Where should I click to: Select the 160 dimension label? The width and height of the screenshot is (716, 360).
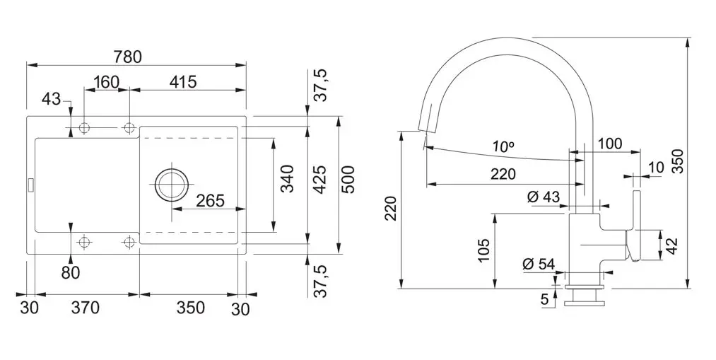pyautogui.click(x=106, y=82)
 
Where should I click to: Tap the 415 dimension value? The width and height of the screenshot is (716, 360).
pyautogui.click(x=182, y=82)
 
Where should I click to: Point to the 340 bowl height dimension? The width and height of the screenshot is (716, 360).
pyautogui.click(x=286, y=180)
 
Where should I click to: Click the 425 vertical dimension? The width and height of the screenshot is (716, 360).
pyautogui.click(x=319, y=180)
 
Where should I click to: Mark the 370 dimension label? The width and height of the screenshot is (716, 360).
pyautogui.click(x=85, y=308)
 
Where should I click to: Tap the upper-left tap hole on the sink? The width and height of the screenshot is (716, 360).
pyautogui.click(x=85, y=128)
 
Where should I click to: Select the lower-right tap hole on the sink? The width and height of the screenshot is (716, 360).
pyautogui.click(x=129, y=242)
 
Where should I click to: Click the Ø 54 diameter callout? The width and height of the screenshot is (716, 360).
pyautogui.click(x=539, y=265)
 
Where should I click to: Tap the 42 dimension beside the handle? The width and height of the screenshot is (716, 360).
pyautogui.click(x=671, y=245)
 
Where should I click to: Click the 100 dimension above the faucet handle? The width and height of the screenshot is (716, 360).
pyautogui.click(x=609, y=144)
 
